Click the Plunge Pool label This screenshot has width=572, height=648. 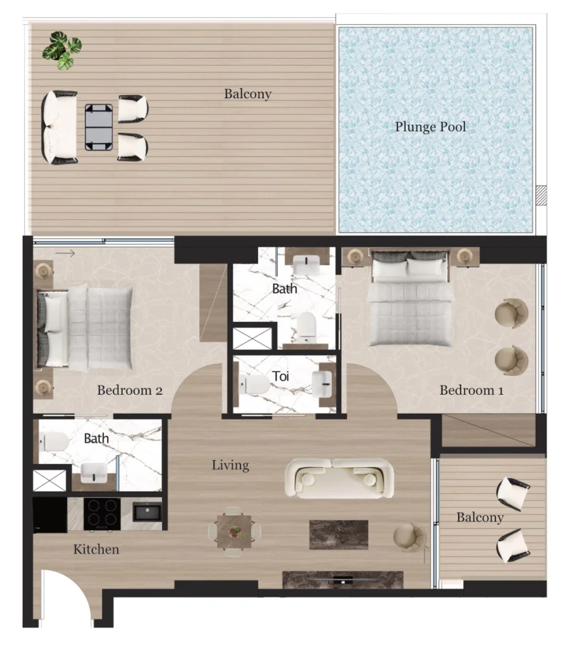430,127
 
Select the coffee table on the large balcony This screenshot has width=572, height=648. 99,127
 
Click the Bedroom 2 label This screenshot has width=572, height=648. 130,390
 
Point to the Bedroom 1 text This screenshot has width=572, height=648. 471,390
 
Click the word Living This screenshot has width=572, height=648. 230,466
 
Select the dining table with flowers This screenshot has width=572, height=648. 234,532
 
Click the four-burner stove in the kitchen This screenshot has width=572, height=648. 102,513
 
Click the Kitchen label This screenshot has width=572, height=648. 96,549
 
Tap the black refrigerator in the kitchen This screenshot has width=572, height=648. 49,514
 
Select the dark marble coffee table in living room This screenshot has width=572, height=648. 339,534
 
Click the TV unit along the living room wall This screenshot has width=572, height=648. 342,580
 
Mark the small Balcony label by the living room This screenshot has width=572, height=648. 480,518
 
